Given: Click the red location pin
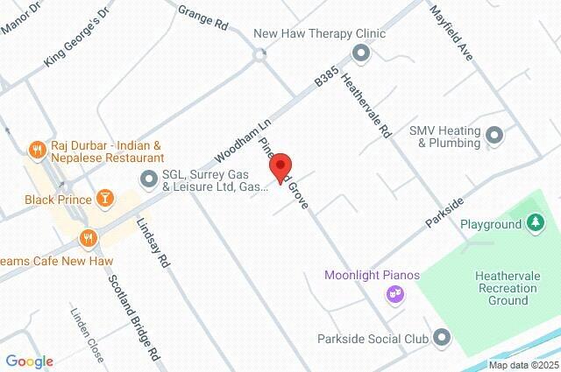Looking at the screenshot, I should (280, 167).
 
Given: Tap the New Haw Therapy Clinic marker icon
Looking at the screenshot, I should (361, 53).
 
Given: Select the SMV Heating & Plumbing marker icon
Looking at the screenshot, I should (494, 136).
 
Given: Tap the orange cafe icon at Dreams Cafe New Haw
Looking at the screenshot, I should (87, 237).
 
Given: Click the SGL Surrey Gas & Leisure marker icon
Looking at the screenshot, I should (147, 179).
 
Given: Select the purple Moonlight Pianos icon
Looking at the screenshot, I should (396, 295).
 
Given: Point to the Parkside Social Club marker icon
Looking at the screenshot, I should (441, 337).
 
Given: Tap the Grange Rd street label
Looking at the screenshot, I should (202, 17).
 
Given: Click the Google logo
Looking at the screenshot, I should (29, 361).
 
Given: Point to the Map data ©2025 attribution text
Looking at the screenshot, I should (522, 365).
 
